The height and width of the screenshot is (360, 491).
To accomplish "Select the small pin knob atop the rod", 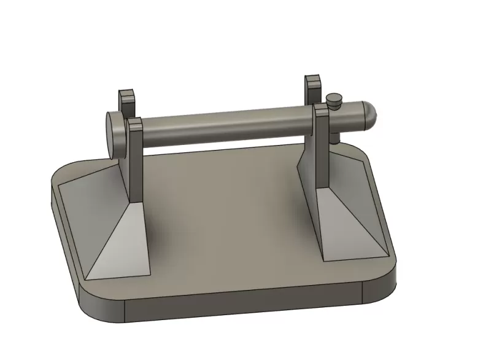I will coord(334,99).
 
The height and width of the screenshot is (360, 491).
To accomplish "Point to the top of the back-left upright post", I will coord(126,94).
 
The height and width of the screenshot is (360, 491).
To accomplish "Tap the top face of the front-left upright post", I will coord(134,122).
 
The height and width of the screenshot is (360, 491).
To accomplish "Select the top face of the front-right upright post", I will coord(322,108).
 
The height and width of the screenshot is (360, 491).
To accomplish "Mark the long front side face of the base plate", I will coord(245,307).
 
